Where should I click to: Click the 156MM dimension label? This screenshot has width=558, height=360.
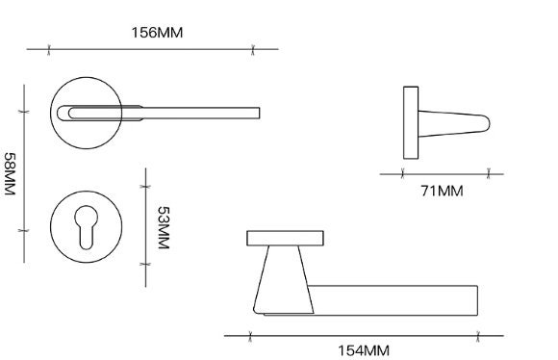[x=157, y=32]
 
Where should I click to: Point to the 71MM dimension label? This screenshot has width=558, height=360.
[x=443, y=191]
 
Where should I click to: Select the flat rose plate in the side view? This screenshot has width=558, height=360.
[x=411, y=122]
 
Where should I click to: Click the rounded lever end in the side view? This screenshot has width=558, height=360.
[x=484, y=122]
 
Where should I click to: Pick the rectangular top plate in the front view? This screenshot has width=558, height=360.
[x=286, y=238]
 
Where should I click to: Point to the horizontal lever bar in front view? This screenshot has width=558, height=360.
[x=394, y=299]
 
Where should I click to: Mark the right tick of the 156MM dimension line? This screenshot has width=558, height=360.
[x=253, y=48]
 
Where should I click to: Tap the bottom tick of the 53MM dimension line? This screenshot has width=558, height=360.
[x=145, y=263]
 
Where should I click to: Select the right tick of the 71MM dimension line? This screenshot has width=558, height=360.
[x=489, y=173]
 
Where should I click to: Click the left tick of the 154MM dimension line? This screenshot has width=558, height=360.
[x=250, y=335]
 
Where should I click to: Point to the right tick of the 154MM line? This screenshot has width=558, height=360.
[x=478, y=335]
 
